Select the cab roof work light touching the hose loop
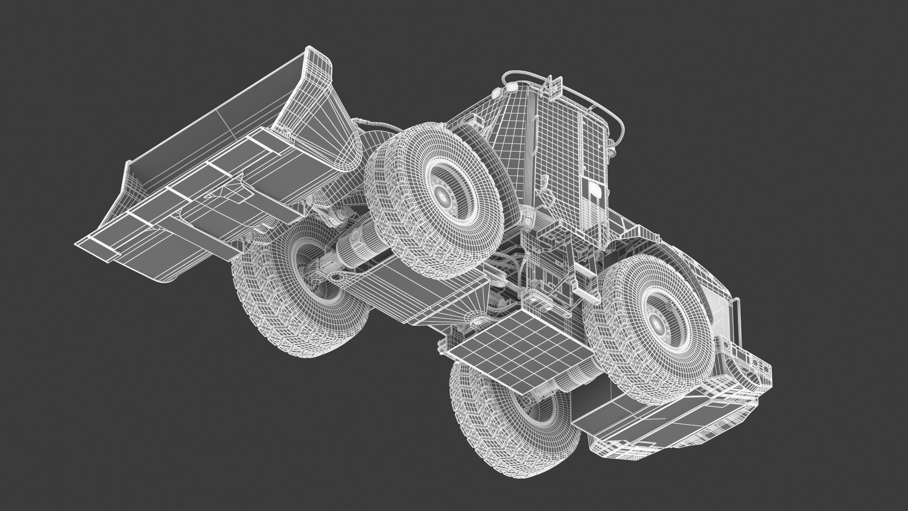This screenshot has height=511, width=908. click(x=511, y=88)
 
